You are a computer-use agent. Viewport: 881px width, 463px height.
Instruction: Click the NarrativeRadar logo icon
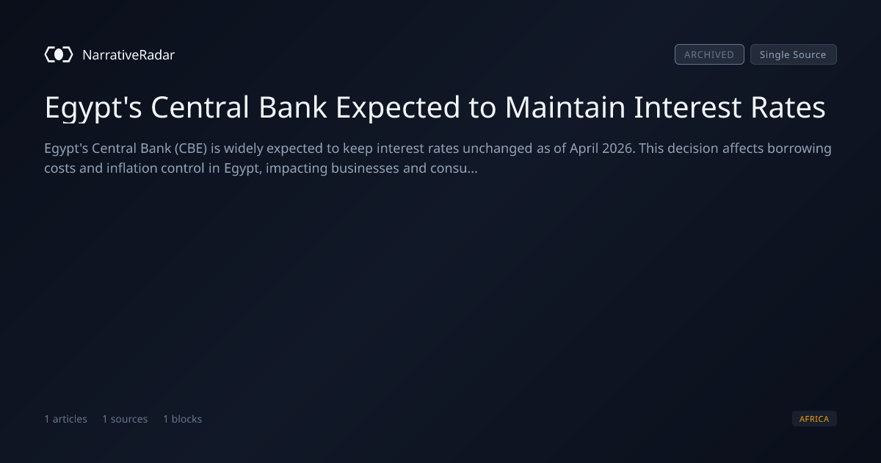59,54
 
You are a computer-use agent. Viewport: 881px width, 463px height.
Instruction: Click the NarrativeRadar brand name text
128,55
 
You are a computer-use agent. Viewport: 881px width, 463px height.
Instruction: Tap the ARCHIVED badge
709,54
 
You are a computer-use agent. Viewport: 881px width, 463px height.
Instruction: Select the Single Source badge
794,54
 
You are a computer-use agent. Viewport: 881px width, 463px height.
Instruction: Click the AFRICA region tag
814,418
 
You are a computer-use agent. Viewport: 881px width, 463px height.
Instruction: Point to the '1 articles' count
65,419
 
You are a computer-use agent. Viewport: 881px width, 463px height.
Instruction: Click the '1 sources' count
125,419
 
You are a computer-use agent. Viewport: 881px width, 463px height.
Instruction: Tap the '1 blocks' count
183,419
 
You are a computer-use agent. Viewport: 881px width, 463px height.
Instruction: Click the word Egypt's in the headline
93,108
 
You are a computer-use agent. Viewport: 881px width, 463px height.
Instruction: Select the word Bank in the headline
293,107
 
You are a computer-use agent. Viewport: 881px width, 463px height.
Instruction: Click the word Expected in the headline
398,108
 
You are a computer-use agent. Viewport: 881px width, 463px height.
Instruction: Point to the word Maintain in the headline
565,107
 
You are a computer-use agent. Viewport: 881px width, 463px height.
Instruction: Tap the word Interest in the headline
687,107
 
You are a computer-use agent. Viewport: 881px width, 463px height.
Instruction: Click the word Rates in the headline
788,107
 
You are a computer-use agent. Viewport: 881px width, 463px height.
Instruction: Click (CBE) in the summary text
191,148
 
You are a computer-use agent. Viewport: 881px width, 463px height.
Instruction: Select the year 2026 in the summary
618,148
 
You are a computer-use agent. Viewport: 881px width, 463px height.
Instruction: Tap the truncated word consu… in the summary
454,169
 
